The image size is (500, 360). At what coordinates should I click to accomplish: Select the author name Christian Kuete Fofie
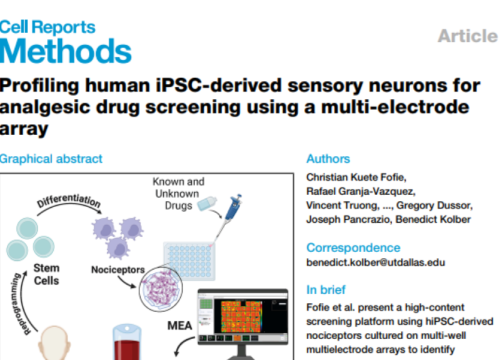pyautogui.click(x=362, y=178)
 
